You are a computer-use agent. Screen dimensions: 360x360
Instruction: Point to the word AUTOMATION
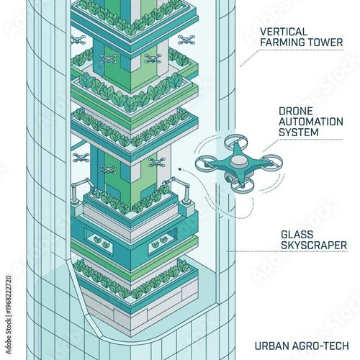coord(311,122)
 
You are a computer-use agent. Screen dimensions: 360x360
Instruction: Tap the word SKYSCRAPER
coord(314,246)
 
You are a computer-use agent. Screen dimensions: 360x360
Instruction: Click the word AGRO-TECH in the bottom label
coord(318,345)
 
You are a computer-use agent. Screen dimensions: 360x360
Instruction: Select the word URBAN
coord(271,345)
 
